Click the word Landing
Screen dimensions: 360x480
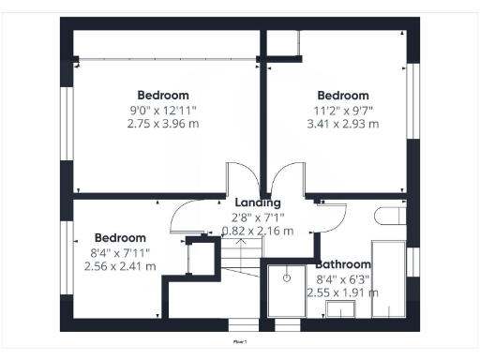tap(257, 202)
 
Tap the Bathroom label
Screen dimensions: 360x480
tap(344, 265)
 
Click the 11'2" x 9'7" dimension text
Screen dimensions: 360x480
tap(342, 110)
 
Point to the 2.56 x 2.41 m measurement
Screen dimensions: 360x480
tap(120, 266)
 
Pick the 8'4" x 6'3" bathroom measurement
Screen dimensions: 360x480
tap(342, 278)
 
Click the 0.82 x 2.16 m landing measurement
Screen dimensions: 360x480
tap(257, 231)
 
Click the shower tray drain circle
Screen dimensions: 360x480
tap(285, 277)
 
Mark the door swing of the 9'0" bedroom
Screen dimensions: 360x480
tap(240, 178)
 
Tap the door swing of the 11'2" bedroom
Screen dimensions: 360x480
tap(285, 178)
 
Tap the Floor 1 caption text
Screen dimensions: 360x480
tap(240, 344)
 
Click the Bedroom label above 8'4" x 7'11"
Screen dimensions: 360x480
tap(120, 238)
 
